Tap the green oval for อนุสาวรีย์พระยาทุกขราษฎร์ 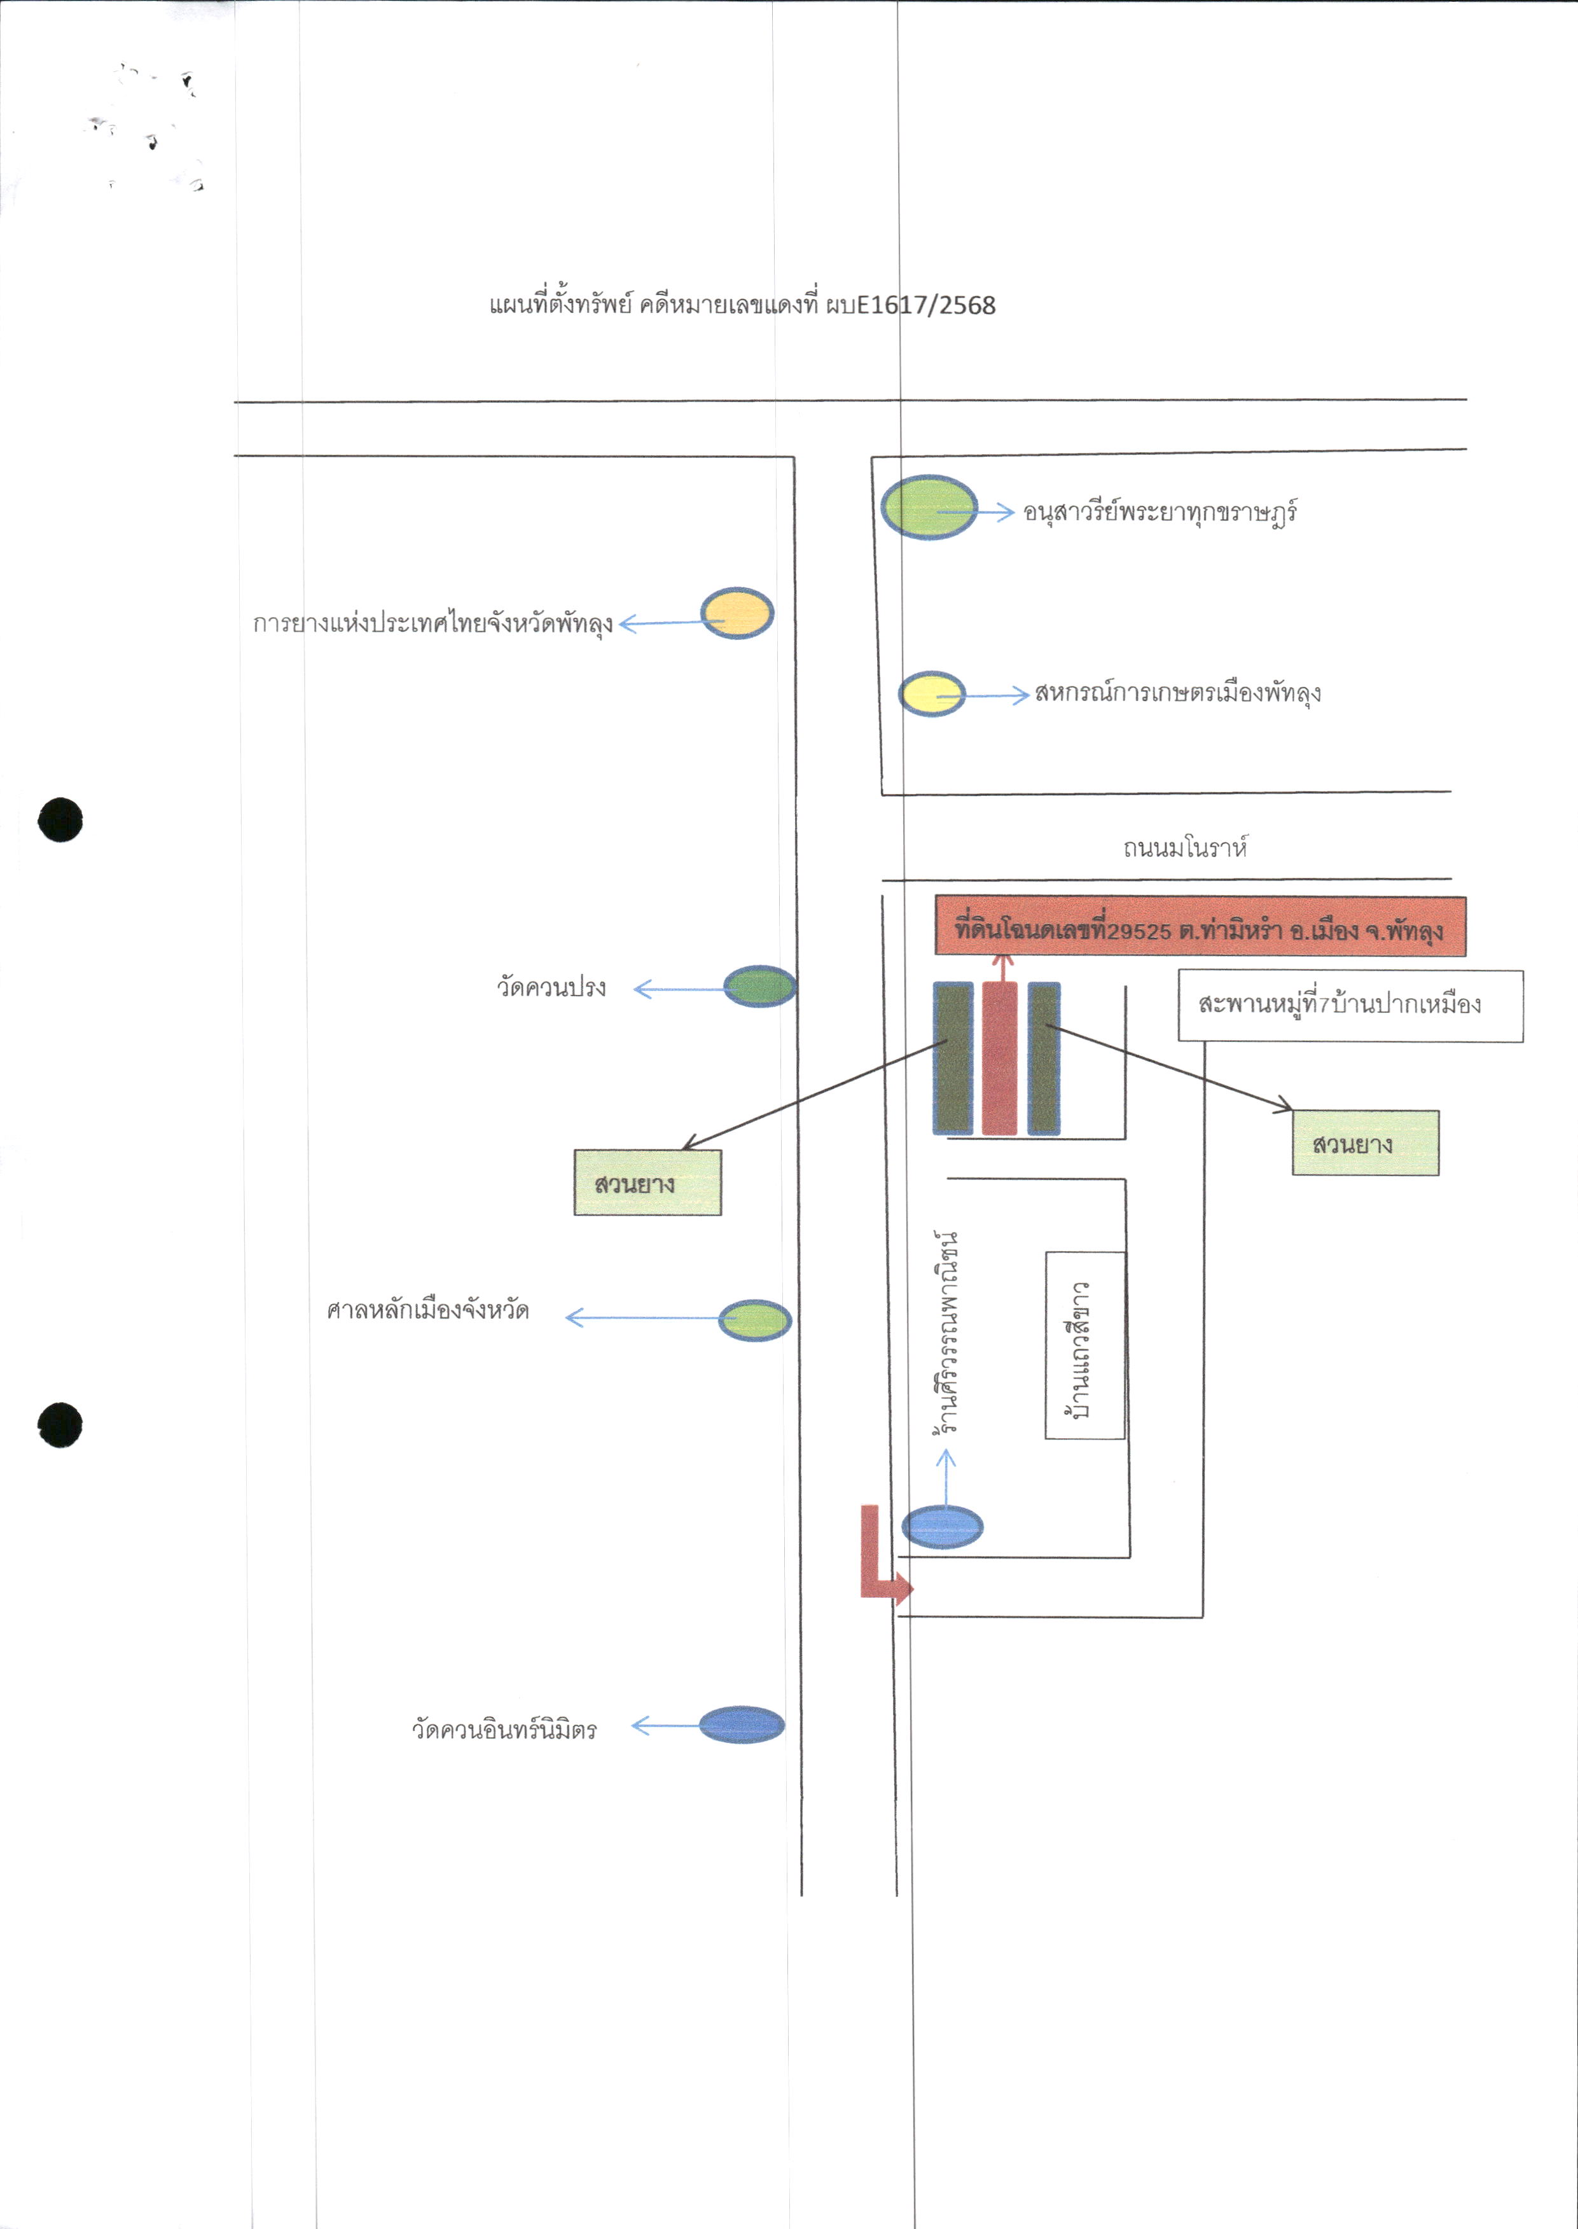pos(929,507)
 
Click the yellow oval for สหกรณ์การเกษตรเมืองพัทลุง pos(932,694)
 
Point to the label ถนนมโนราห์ pos(1184,847)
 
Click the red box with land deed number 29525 pos(1200,927)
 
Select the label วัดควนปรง pos(551,987)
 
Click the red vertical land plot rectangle pos(1000,1058)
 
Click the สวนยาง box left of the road pos(647,1183)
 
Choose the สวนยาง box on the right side pos(1365,1142)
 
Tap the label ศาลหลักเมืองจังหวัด pos(427,1311)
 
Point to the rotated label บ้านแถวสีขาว pos(1079,1350)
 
